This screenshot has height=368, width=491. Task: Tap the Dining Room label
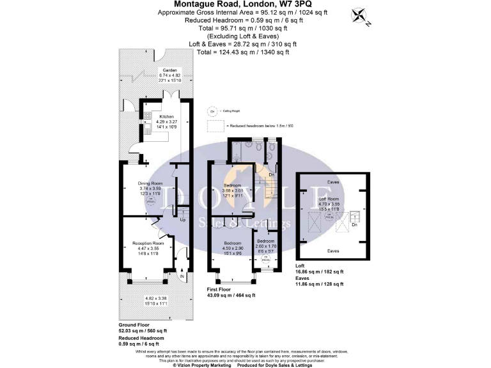tap(152, 184)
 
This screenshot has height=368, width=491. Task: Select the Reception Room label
tap(148, 243)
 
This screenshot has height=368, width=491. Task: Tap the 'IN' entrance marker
tap(182, 275)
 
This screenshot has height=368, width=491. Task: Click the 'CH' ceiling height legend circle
tap(212, 111)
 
